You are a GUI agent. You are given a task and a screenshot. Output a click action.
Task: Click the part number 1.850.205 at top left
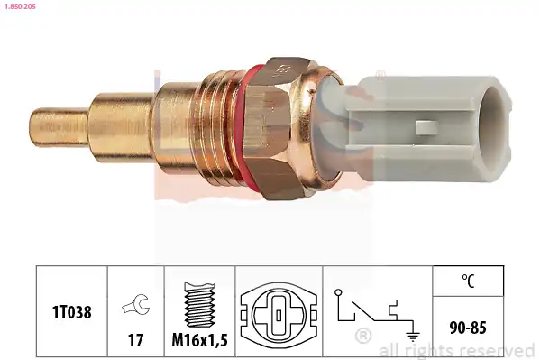pos(20,6)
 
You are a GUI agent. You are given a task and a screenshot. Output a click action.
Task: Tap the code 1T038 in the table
pos(71,312)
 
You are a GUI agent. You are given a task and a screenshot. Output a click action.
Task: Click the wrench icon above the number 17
pos(135,304)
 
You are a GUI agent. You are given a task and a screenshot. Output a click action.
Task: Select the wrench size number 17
pos(136,340)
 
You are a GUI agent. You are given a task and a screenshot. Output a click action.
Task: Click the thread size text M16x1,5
pos(200,340)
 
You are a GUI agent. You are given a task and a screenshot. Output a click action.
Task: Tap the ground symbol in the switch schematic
pos(413,335)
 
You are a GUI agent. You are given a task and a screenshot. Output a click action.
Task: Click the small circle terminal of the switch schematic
pos(338,292)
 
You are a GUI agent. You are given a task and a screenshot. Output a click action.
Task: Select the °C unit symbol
pos(468,281)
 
